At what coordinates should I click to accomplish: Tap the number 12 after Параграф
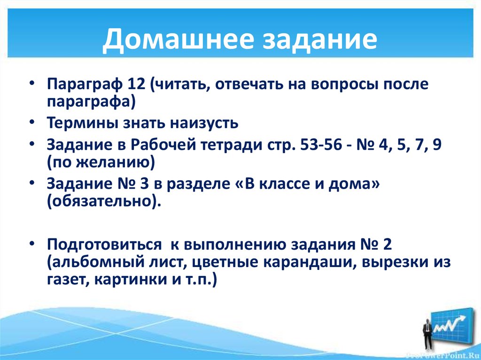[x=137, y=85]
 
